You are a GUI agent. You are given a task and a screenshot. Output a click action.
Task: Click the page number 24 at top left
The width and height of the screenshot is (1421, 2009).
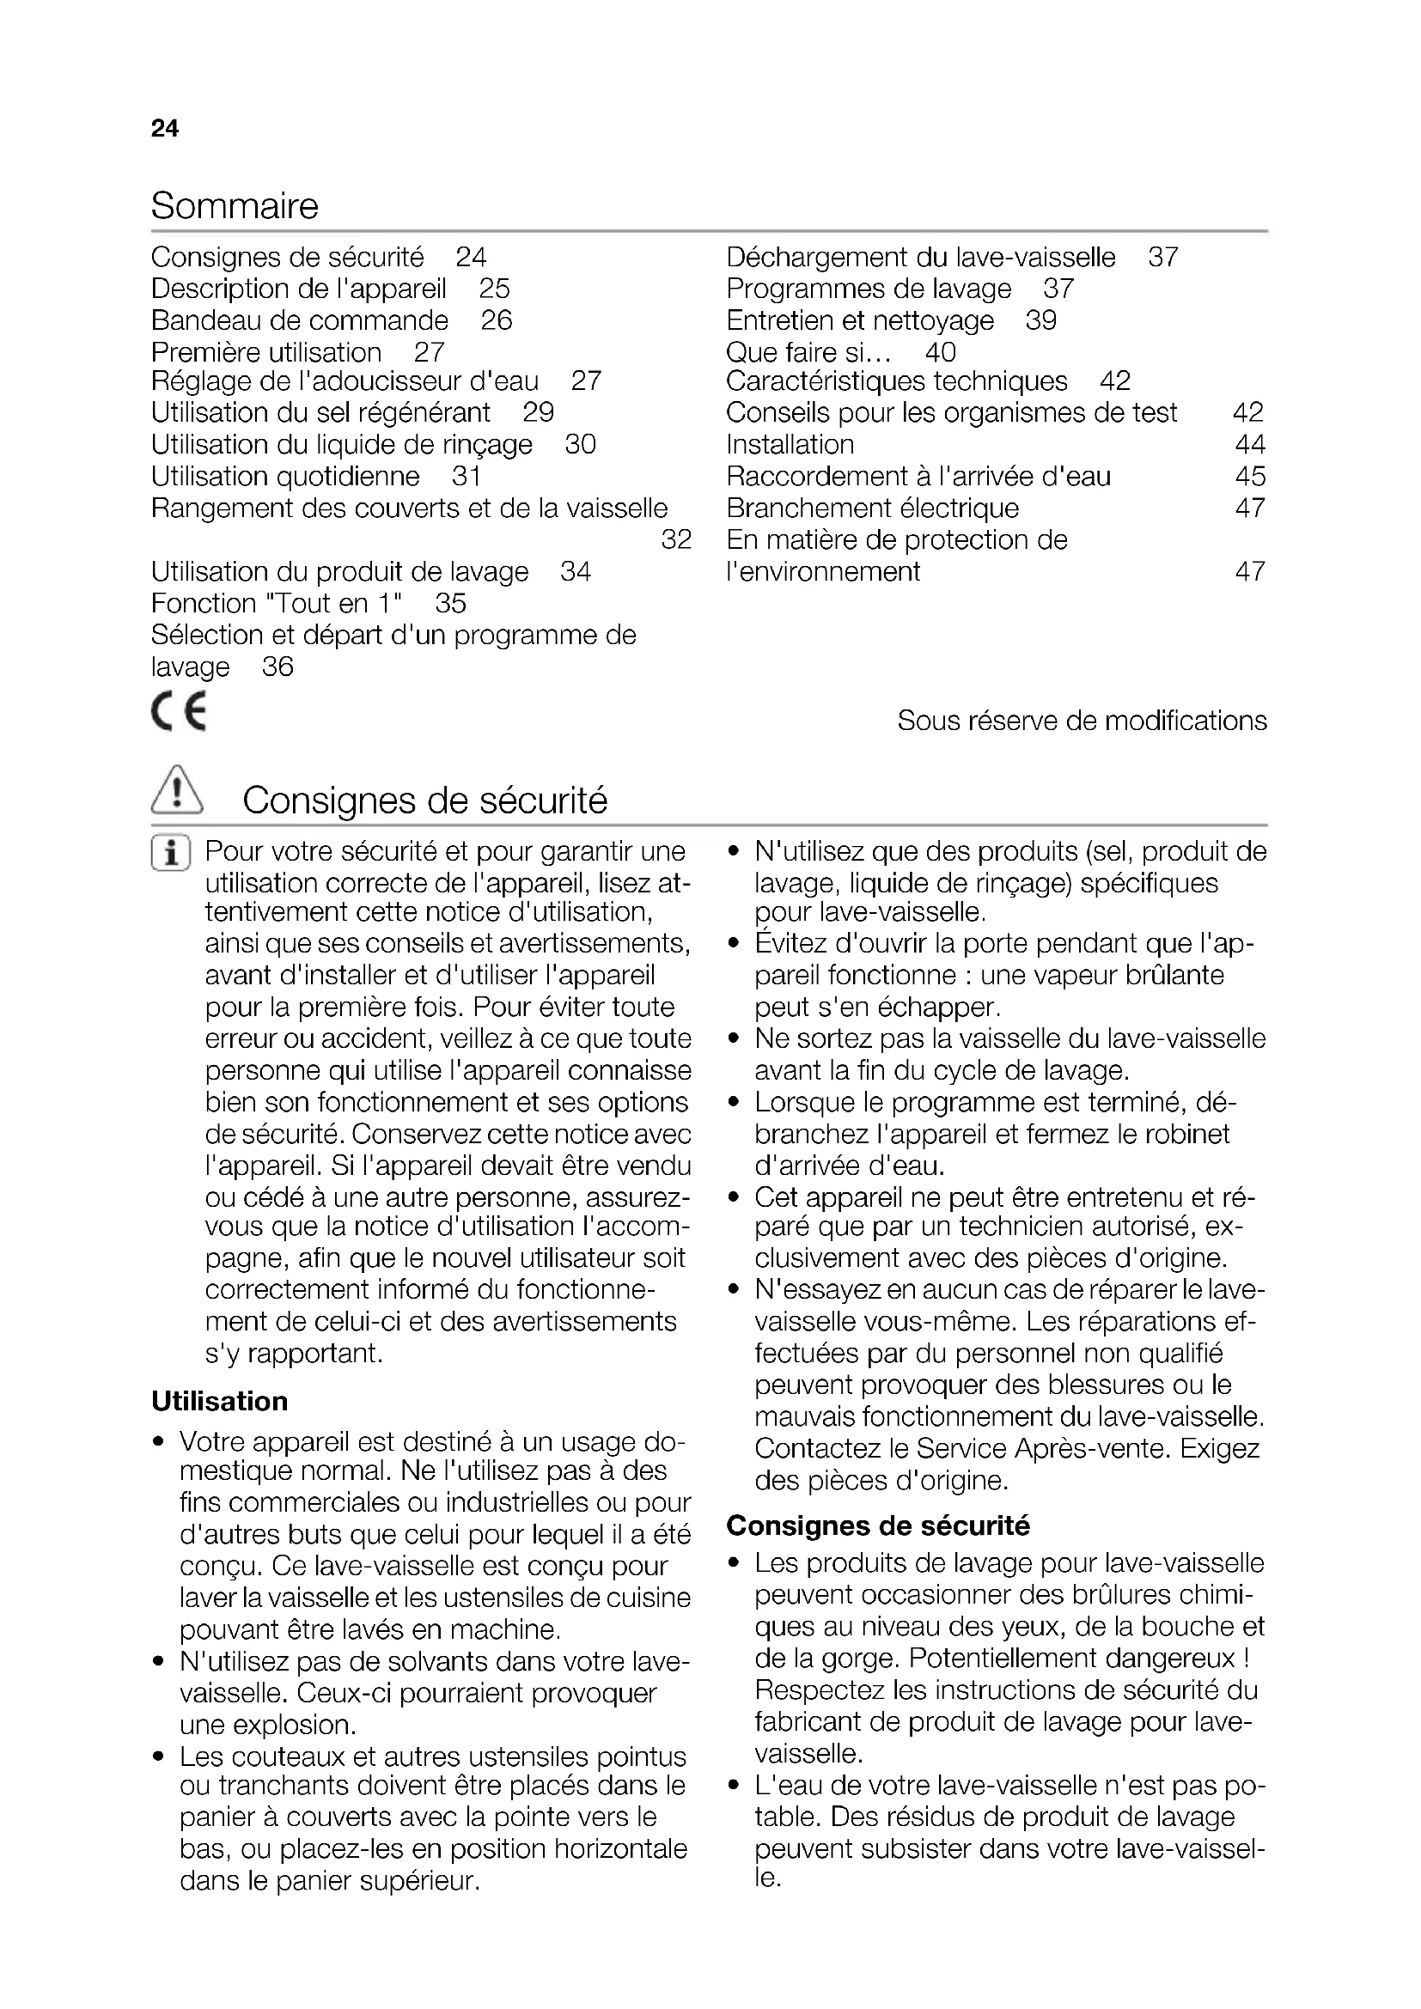[x=164, y=129]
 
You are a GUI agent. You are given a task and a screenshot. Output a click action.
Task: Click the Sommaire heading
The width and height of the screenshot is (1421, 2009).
[x=235, y=206]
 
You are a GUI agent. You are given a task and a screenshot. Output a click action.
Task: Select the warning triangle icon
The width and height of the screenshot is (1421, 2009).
[x=177, y=791]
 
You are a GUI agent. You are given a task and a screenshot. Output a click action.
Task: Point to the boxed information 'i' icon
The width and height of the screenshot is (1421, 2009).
[x=171, y=853]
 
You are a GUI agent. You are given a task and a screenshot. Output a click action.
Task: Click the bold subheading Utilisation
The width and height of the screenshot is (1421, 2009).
[x=220, y=1401]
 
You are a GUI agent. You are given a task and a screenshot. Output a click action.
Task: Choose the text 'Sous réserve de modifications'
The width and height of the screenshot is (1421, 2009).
[x=1082, y=720]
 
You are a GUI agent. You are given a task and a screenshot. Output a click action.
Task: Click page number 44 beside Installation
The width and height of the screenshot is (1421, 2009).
[x=1249, y=445]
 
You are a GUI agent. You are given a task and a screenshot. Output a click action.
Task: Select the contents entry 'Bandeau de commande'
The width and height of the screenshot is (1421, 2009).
[x=299, y=320]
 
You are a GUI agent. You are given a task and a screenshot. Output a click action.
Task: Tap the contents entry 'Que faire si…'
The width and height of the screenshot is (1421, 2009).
[x=808, y=353]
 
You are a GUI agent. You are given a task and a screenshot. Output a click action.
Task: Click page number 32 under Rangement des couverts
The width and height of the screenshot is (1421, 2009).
[x=675, y=540]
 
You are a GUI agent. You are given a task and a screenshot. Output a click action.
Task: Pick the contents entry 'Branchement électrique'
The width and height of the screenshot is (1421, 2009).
[x=872, y=508]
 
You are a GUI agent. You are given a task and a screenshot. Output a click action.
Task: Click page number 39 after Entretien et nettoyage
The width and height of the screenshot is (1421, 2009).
[x=1041, y=320]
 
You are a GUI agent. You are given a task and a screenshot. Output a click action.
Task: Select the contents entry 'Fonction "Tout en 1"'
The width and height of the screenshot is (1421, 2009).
[x=277, y=604]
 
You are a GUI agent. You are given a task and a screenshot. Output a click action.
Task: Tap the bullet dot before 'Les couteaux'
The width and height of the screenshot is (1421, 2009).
[x=158, y=1757]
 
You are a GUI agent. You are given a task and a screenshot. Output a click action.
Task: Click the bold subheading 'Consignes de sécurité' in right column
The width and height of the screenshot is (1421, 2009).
[x=878, y=1526]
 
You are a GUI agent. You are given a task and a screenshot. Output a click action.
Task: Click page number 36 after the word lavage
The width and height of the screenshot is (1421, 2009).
[x=277, y=667]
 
